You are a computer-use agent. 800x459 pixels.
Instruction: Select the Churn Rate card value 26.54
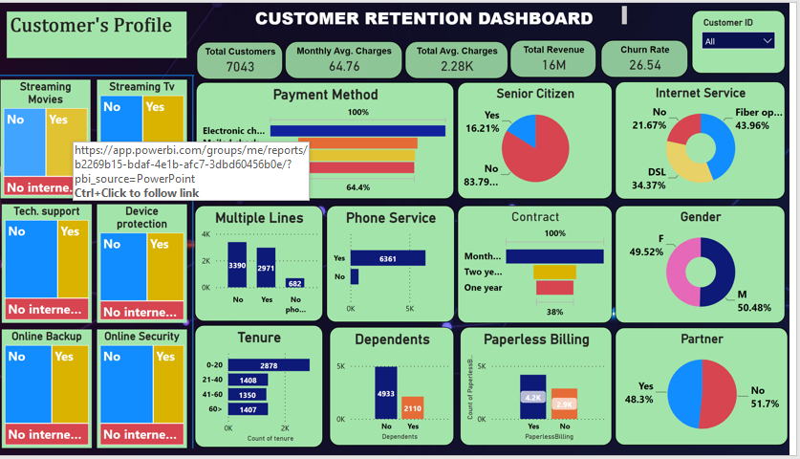tap(645, 65)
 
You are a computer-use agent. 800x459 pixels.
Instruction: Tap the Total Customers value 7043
tap(240, 66)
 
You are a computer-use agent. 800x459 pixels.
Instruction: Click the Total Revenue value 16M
tap(553, 65)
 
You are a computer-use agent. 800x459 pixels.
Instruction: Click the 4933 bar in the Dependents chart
tap(386, 392)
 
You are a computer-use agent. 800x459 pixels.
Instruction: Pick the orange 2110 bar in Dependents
tap(412, 408)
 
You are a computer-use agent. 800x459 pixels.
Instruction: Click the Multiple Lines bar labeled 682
tap(294, 283)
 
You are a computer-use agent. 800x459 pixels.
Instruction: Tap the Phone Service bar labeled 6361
tap(386, 258)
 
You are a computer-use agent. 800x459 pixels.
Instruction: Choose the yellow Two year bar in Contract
tap(554, 272)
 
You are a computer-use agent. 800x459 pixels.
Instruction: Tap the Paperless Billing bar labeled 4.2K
tap(532, 397)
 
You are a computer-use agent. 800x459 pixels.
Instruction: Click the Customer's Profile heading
tap(91, 26)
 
